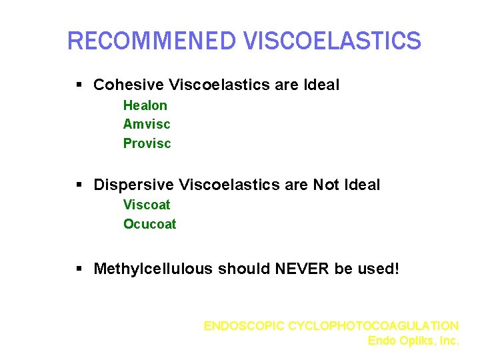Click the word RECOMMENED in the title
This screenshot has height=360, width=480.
pyautogui.click(x=153, y=41)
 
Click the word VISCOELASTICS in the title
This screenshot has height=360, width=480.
pyautogui.click(x=333, y=41)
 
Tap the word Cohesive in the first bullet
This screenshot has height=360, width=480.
pyautogui.click(x=129, y=85)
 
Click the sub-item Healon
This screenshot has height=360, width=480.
pyautogui.click(x=145, y=105)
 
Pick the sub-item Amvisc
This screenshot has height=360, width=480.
pyautogui.click(x=147, y=124)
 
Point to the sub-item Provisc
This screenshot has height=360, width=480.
pyautogui.click(x=147, y=143)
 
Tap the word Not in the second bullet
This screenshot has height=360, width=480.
pyautogui.click(x=326, y=185)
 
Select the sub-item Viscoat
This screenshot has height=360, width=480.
pyautogui.click(x=147, y=205)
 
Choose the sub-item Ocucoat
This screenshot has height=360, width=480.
pyautogui.click(x=150, y=224)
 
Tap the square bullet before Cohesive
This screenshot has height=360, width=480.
pyautogui.click(x=79, y=85)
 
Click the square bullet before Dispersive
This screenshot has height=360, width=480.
pyautogui.click(x=79, y=185)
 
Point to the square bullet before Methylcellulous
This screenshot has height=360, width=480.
pyautogui.click(x=79, y=269)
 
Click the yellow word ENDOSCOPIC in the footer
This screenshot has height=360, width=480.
pyautogui.click(x=244, y=326)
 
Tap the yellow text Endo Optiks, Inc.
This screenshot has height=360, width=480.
pyautogui.click(x=413, y=341)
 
